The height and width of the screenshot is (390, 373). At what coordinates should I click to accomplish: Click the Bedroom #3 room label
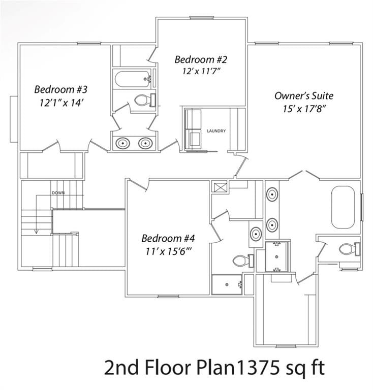pos(61,89)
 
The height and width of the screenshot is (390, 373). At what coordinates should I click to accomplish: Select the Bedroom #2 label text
pos(200,59)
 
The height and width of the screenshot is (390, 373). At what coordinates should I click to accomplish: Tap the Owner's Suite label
pos(304,95)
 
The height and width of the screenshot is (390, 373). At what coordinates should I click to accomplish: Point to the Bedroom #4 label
pos(168,238)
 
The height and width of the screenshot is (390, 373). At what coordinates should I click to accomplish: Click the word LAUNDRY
pos(216,131)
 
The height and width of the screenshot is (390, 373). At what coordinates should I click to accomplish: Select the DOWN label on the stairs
pos(58,193)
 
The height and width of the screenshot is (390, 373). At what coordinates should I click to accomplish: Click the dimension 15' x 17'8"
pos(304,109)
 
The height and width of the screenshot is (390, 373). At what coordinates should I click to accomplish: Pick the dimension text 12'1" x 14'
pos(61,102)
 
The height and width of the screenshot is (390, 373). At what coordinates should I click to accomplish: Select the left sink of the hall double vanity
pos(123,143)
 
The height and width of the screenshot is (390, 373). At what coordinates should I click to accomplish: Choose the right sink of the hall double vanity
pos(145,143)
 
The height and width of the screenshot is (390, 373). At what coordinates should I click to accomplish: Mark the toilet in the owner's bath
pos(349,249)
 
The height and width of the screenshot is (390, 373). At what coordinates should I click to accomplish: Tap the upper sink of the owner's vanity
pos(272,194)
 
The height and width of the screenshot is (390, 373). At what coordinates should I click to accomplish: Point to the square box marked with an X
pos(220,187)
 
